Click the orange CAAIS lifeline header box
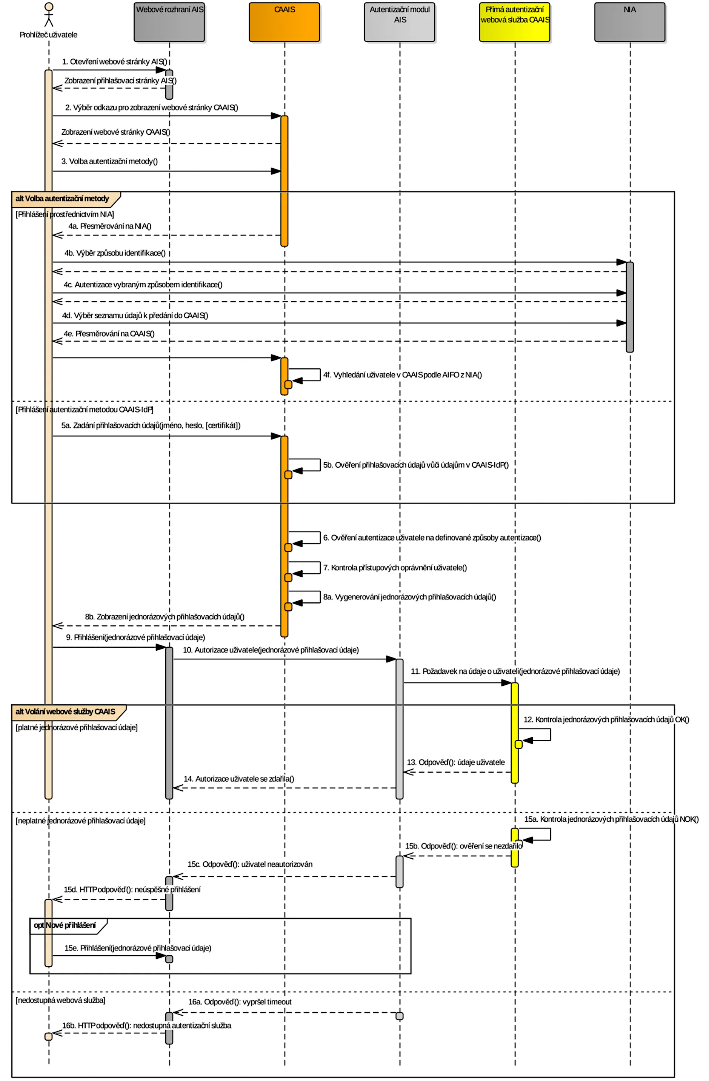click(285, 22)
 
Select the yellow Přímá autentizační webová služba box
click(515, 22)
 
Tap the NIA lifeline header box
click(629, 22)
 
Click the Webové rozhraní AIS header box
click(169, 22)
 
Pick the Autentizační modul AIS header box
click(400, 22)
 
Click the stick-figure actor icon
click(49, 15)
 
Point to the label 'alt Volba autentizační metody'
click(62, 199)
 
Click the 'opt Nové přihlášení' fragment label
click(65, 925)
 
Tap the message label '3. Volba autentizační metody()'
click(109, 161)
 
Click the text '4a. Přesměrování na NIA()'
click(110, 226)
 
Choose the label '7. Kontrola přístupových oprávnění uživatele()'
click(395, 568)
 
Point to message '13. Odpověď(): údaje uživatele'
click(455, 762)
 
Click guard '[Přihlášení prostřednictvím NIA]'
click(65, 214)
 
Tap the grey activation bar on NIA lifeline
click(629, 306)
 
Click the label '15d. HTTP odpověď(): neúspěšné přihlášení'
click(132, 890)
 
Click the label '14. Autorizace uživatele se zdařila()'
click(239, 779)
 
